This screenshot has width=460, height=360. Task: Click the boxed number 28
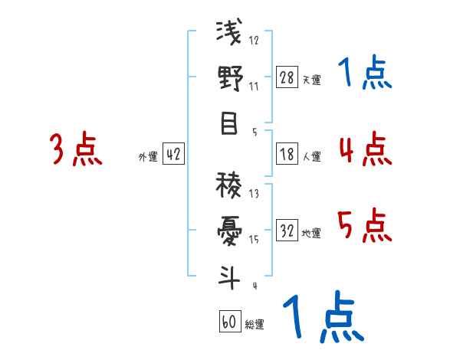point(287,77)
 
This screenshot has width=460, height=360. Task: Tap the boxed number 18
point(287,155)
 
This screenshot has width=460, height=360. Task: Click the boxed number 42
point(173,155)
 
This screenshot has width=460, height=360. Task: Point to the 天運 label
point(311,80)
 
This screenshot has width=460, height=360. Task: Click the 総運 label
point(254,324)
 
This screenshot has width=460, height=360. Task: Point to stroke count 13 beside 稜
point(254,193)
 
